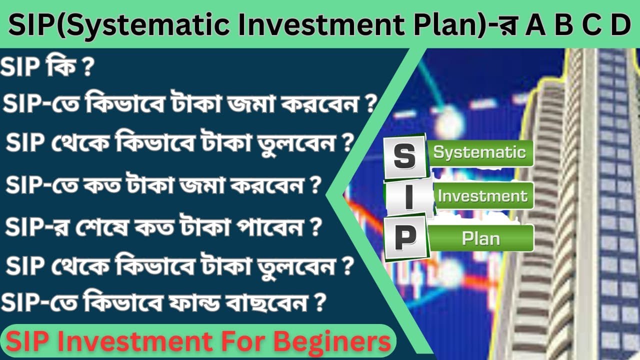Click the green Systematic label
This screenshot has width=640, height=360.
(479, 152)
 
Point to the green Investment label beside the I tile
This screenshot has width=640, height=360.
(482, 195)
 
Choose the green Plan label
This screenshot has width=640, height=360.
(480, 238)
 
